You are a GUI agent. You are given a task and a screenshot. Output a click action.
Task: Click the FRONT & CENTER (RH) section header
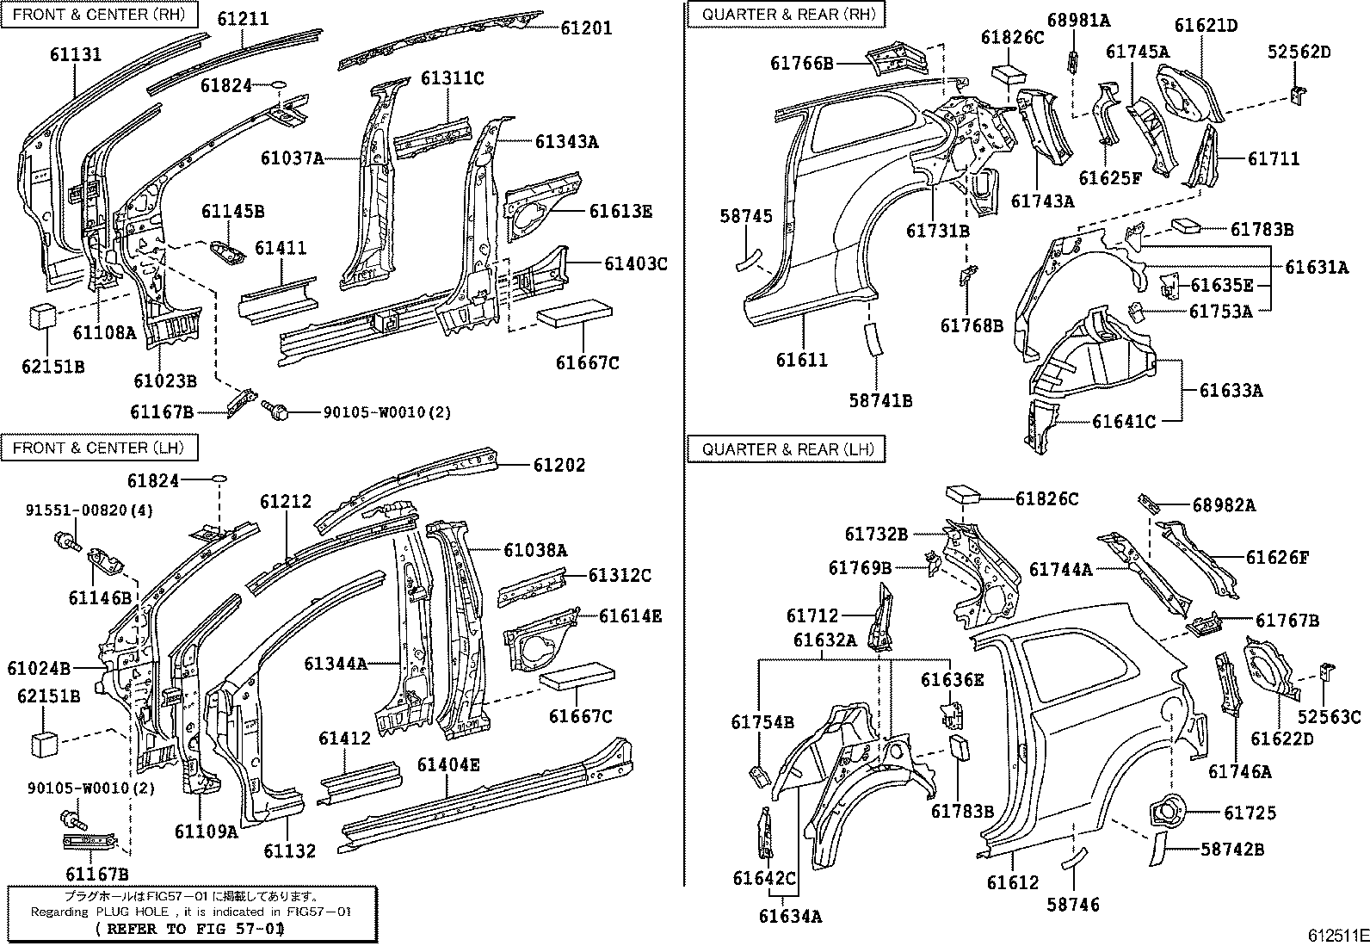[x=99, y=15]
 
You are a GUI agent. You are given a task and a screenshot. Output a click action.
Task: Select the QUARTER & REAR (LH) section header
[x=787, y=449]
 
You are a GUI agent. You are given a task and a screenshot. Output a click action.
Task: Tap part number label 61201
[x=586, y=28]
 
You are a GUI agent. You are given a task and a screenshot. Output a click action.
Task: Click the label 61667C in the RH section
[x=587, y=363]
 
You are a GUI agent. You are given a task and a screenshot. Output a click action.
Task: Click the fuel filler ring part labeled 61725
[x=1164, y=811]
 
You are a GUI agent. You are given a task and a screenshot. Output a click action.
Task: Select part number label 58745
[x=745, y=217]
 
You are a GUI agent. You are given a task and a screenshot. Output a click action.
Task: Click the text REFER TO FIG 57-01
[x=188, y=930]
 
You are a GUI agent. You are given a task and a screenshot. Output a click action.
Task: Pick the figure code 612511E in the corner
[x=1337, y=934]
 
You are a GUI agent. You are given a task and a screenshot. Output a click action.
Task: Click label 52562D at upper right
[x=1299, y=52]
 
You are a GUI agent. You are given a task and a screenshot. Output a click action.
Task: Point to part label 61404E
[x=449, y=764]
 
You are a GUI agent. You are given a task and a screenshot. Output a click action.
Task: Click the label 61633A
[x=1231, y=391]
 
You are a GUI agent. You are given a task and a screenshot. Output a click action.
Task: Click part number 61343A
[x=565, y=142]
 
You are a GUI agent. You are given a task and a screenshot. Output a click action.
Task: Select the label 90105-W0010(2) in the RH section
[x=386, y=413]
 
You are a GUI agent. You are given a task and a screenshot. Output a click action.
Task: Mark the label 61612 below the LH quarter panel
[x=1013, y=883]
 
